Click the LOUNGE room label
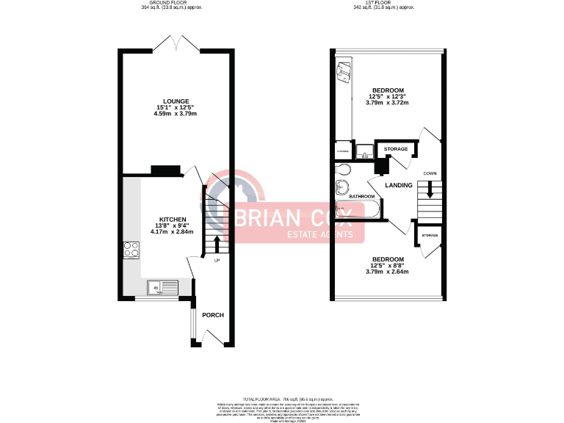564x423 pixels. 176,101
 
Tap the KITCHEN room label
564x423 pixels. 173,219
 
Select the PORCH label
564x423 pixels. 213,315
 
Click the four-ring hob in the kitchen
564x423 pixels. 131,250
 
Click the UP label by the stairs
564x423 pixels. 217,261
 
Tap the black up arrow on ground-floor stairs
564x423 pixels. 217,242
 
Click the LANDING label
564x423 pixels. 398,185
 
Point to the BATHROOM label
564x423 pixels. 362,197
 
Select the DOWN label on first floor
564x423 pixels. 430,173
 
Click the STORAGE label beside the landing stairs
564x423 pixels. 430,236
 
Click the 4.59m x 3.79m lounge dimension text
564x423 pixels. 176,114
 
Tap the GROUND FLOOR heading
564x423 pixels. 172,3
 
